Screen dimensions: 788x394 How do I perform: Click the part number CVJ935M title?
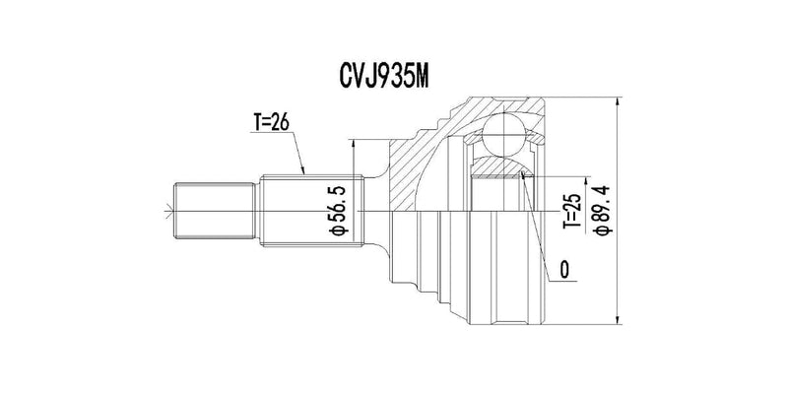(383, 76)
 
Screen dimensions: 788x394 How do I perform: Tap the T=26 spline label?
(271, 122)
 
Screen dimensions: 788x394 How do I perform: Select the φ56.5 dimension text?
(338, 210)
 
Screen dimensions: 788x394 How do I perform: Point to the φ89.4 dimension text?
(603, 210)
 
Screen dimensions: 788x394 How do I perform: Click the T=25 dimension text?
(572, 211)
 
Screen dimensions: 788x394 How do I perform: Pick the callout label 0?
(564, 270)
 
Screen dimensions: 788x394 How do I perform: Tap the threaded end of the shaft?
(215, 211)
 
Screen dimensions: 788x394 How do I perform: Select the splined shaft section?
(311, 211)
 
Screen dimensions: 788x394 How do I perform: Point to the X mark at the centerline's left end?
(167, 211)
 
